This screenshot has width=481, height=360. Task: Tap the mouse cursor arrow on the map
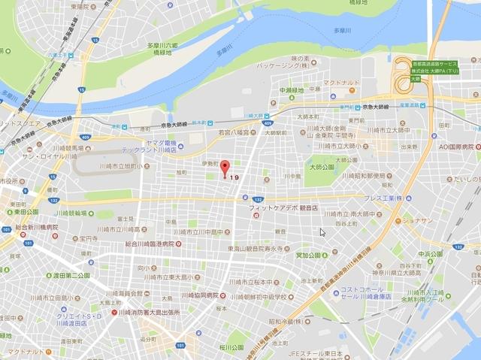point(322,232)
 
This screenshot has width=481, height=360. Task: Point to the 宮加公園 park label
point(310,255)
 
